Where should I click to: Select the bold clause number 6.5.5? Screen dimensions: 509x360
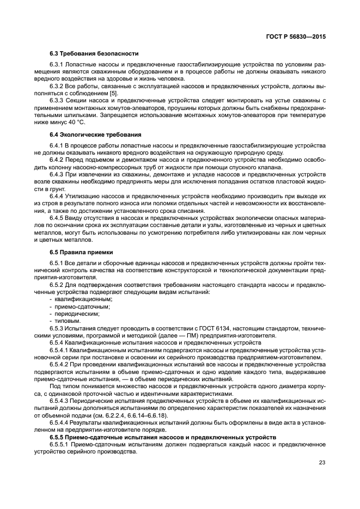coord(58,438)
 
